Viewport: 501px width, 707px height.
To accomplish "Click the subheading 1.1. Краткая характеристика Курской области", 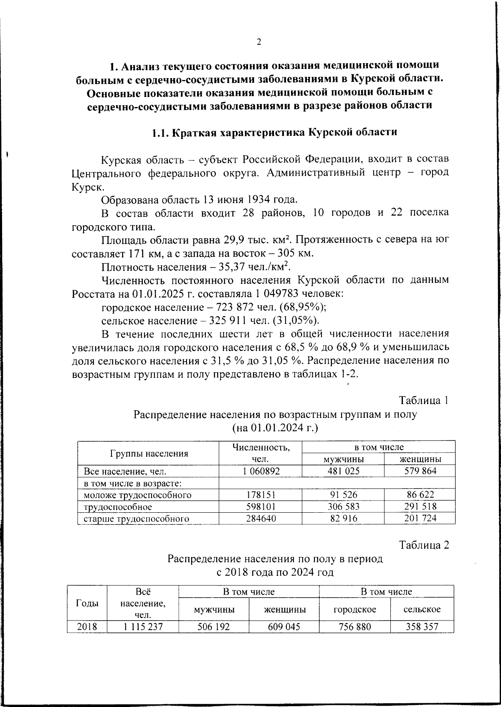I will (x=274, y=133).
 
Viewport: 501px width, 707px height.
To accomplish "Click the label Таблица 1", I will (x=424, y=400).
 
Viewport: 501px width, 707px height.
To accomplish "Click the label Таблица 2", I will (x=424, y=545).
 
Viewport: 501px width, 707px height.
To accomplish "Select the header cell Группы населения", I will (x=149, y=453).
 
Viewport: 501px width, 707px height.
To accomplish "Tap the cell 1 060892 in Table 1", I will (x=261, y=471).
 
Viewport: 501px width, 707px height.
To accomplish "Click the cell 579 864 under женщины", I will (x=420, y=471).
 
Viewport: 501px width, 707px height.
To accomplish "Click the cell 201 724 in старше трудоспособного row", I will (x=420, y=519).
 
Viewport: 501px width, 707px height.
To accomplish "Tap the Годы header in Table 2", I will (x=87, y=603).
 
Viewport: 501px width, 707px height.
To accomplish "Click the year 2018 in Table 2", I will (x=87, y=627).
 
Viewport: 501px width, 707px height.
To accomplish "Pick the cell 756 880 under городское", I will (x=355, y=627).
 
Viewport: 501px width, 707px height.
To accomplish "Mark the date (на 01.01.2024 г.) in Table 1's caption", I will (x=275, y=428).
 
